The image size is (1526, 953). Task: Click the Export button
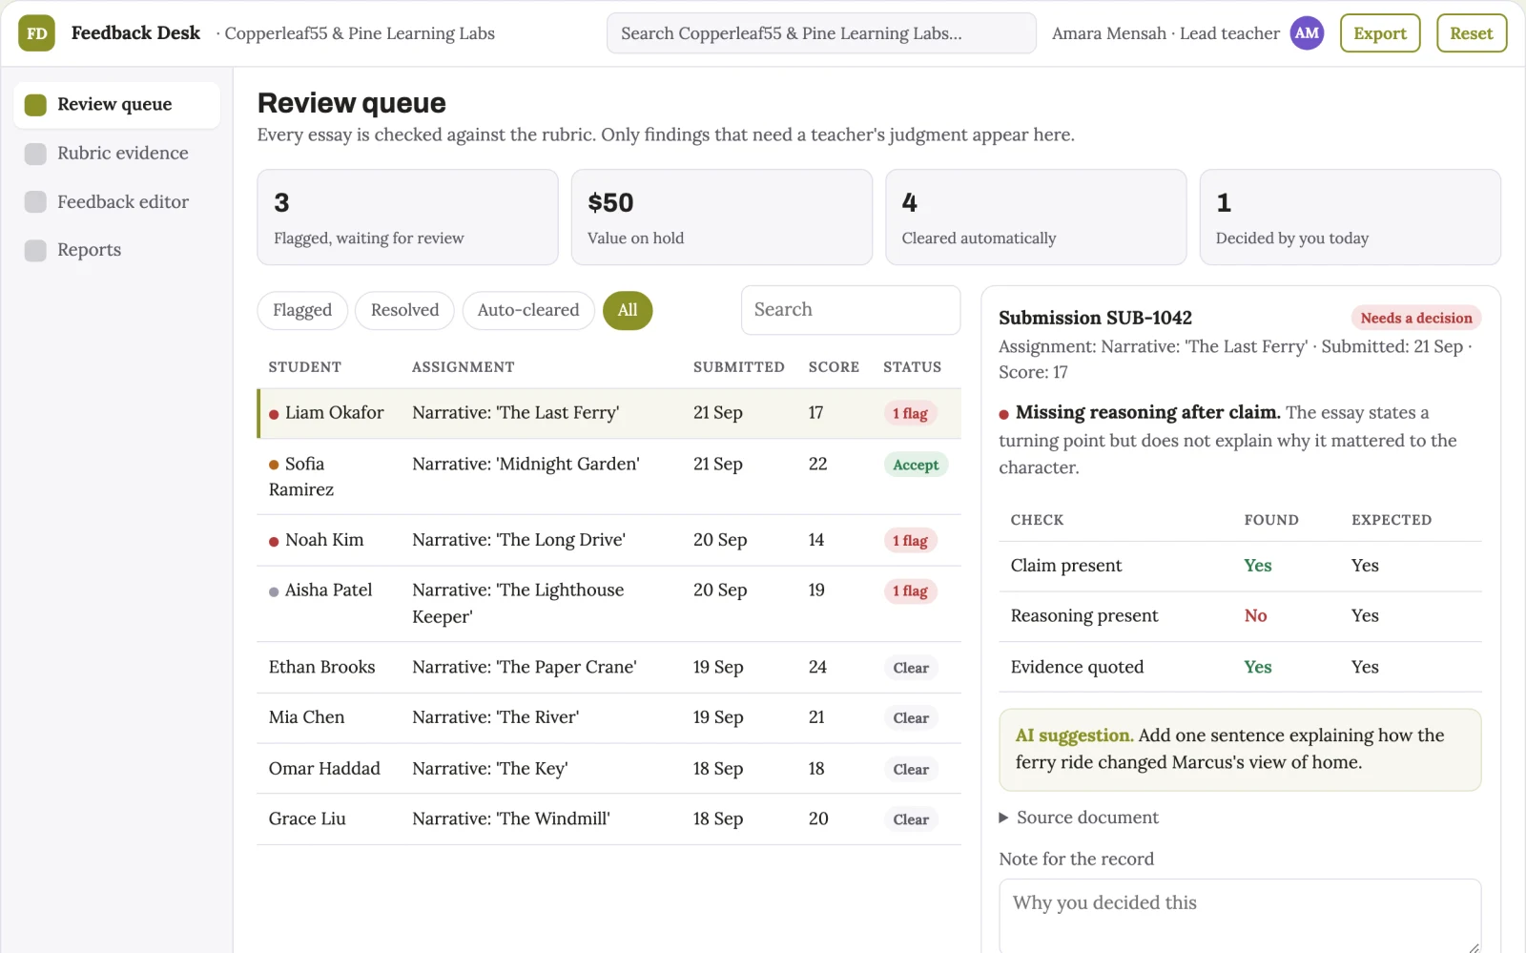(1379, 32)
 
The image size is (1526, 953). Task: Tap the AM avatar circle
(1306, 32)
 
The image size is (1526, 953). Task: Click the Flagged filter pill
(302, 310)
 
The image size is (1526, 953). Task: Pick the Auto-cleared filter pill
(528, 310)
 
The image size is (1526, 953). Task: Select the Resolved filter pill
(404, 310)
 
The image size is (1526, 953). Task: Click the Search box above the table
(851, 309)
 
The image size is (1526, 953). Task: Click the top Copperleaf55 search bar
(821, 32)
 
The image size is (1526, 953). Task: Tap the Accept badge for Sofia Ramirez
(916, 465)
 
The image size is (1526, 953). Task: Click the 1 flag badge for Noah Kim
(910, 540)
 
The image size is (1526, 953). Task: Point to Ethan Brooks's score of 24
(817, 666)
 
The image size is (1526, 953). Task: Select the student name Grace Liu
(307, 818)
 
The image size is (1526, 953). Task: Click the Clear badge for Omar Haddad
(911, 769)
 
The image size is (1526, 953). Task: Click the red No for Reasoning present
(1255, 616)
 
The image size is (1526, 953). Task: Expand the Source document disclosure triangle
(1003, 818)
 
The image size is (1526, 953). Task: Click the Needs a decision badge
(1416, 318)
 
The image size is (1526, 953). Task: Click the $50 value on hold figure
(610, 202)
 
